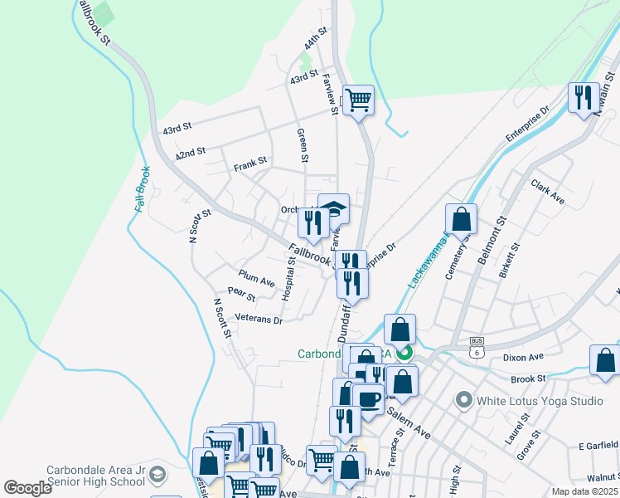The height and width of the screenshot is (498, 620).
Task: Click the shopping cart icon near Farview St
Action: pos(358,100)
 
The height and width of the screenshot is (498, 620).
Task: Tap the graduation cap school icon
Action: pos(333,209)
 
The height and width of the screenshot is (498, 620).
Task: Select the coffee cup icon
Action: pos(368,400)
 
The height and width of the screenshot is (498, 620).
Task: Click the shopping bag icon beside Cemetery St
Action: pos(462,220)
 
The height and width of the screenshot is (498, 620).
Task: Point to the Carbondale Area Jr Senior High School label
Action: pos(74,476)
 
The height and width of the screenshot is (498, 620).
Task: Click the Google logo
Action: pos(28,488)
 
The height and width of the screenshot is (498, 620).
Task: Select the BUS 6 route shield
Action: pos(476,348)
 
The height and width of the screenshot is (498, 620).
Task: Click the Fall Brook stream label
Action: pos(143,189)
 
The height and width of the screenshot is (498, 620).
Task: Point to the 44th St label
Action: pos(316,40)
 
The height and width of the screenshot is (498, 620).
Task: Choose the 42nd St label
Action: pos(190,154)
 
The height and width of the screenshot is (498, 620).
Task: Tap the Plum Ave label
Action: pos(256,278)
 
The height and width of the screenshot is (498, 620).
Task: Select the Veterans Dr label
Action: pos(259,318)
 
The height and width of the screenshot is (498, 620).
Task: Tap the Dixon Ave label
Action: pos(523,357)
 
